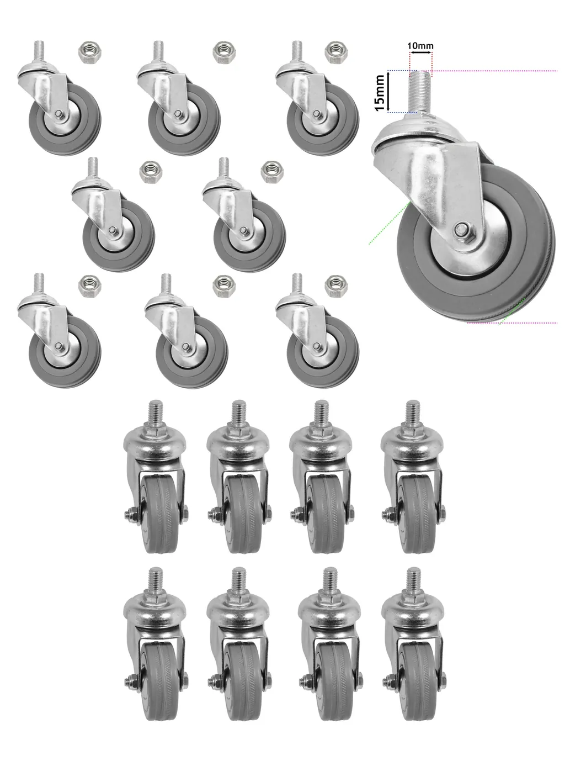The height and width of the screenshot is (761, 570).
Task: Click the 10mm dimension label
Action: tap(420, 46)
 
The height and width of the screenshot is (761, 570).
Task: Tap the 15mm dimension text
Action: tap(380, 93)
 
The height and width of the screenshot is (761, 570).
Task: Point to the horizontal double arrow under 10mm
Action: tap(421, 52)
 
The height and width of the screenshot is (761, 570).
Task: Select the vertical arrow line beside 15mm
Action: tap(388, 92)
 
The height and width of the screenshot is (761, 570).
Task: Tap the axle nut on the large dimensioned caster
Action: tap(462, 229)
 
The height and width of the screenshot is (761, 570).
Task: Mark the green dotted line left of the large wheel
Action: tap(389, 224)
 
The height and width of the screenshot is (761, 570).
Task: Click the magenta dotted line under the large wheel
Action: tap(512, 323)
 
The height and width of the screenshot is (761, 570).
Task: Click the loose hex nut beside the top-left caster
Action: tap(90, 52)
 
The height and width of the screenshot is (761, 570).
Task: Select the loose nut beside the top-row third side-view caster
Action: tap(336, 52)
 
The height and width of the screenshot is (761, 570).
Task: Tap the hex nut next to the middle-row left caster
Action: tap(151, 172)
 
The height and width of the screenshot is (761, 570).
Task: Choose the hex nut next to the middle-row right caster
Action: tap(272, 172)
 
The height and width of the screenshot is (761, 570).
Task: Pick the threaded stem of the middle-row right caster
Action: tap(223, 168)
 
